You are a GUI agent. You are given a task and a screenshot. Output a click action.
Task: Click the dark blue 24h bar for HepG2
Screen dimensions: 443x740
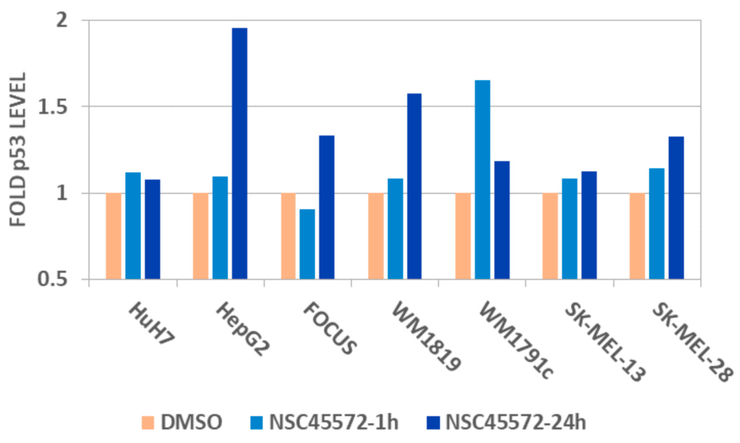tap(239, 153)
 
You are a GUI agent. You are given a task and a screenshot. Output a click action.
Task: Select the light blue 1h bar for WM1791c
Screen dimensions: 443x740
tap(482, 179)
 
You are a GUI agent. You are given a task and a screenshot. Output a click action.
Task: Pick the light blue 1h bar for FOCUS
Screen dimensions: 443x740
tap(307, 244)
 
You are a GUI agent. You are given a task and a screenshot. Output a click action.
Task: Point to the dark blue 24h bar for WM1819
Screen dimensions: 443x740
tap(414, 186)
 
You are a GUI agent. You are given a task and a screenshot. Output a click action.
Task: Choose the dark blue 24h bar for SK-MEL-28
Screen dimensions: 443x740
tap(676, 208)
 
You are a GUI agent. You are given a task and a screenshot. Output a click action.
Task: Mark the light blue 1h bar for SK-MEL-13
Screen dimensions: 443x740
tap(570, 229)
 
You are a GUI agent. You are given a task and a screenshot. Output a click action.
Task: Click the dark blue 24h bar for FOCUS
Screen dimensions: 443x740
tap(327, 207)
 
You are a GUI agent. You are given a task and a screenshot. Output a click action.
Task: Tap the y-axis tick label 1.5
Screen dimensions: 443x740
tap(53, 106)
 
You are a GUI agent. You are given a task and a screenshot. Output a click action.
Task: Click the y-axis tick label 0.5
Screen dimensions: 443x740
tap(53, 279)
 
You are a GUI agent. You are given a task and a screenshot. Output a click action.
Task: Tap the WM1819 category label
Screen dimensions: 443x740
tap(426, 337)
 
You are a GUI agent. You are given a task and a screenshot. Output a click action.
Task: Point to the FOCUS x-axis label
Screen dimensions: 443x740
tap(330, 328)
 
